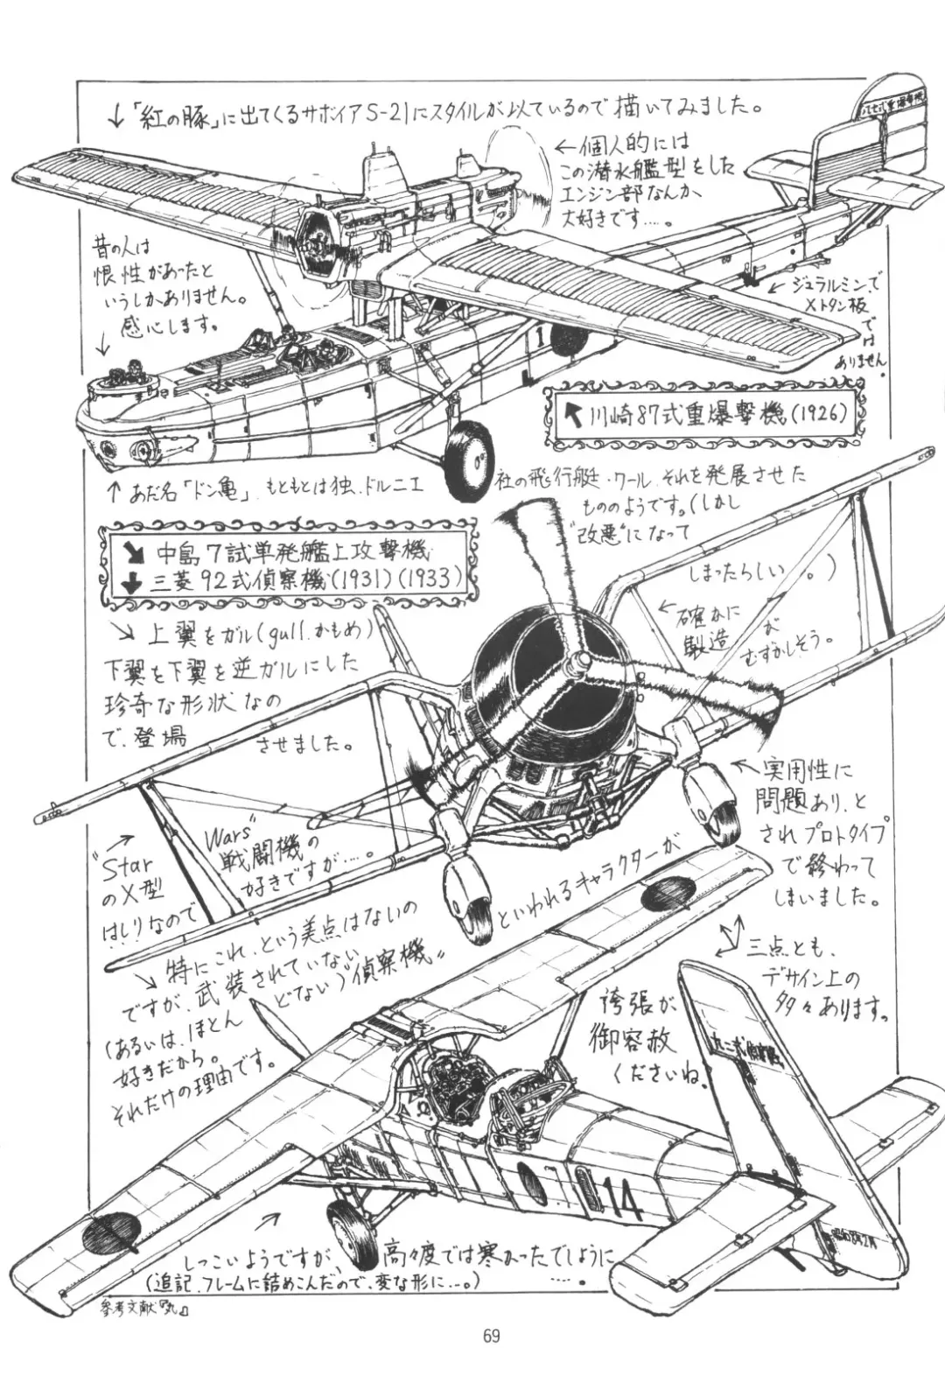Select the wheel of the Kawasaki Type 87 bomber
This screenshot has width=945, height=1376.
(469, 457)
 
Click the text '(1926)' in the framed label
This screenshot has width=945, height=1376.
(817, 417)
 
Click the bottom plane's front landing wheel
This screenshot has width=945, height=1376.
(347, 1224)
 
